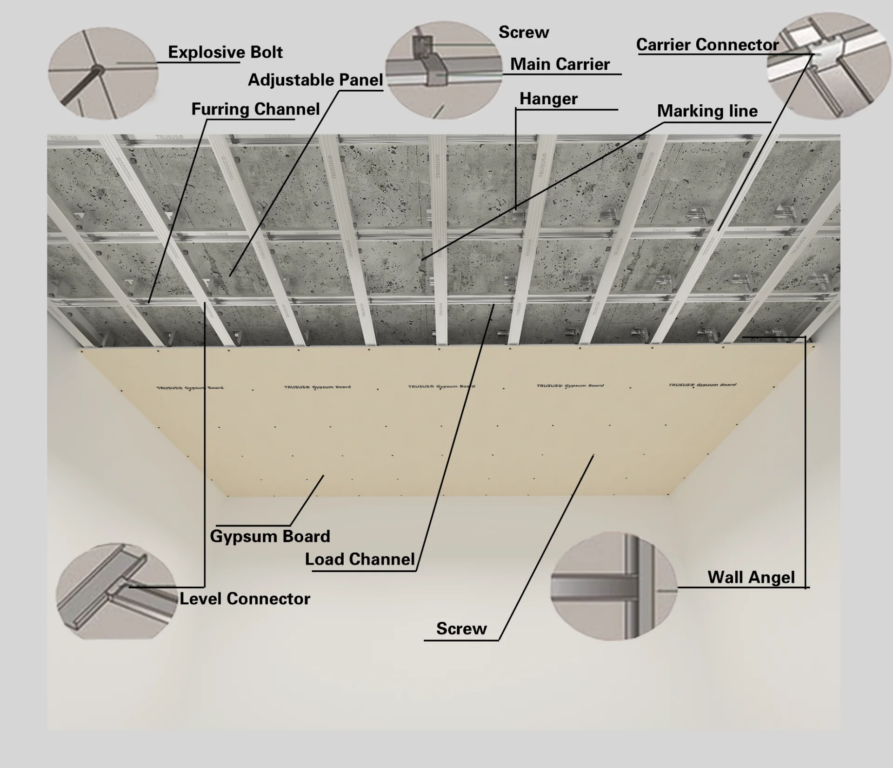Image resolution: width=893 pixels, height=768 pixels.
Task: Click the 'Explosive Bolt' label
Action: coord(225,52)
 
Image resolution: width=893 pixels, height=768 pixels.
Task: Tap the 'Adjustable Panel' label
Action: coord(315,80)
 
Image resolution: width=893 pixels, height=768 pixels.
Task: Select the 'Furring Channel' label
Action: coord(255,109)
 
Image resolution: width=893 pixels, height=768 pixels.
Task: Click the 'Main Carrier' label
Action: coord(560,64)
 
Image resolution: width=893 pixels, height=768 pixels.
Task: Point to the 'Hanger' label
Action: coord(548,99)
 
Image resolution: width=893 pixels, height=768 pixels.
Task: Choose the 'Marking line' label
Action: coord(707,111)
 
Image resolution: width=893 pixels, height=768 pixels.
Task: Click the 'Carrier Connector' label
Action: coord(707,45)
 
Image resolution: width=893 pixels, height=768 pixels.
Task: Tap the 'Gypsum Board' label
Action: coord(270,536)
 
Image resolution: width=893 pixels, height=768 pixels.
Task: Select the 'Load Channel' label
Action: coord(360,559)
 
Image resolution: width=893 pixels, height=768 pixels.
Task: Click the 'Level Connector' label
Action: coord(245,599)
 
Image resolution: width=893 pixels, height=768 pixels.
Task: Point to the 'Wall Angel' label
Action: coord(751,577)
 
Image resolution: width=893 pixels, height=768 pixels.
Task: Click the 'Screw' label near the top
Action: coord(524,32)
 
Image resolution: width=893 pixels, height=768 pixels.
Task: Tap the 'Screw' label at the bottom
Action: coord(461,628)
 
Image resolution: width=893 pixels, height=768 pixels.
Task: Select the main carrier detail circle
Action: coord(444,70)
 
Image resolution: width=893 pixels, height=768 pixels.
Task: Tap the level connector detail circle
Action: coord(116,591)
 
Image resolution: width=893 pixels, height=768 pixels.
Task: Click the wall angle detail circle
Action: coord(614,586)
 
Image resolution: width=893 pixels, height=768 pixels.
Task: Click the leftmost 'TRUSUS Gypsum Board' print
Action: coord(189,387)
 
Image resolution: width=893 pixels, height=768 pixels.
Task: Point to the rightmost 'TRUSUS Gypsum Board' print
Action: coord(702,385)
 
